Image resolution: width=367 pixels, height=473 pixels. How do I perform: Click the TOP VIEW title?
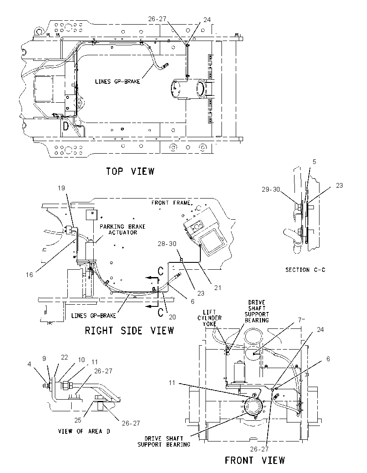pyautogui.click(x=130, y=171)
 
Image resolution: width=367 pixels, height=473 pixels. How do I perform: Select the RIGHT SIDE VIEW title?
pyautogui.click(x=130, y=331)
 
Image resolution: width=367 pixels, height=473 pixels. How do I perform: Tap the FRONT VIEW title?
pyautogui.click(x=255, y=460)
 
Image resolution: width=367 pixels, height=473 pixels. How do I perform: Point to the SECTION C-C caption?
pyautogui.click(x=305, y=270)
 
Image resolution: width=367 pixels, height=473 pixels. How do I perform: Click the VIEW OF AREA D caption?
pyautogui.click(x=84, y=432)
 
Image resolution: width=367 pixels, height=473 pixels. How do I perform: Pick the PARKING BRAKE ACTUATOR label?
pyautogui.click(x=123, y=229)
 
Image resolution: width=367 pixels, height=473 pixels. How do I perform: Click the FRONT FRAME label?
pyautogui.click(x=171, y=203)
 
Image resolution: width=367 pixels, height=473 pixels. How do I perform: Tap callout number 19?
pyautogui.click(x=61, y=188)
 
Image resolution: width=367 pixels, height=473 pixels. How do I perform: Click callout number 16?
pyautogui.click(x=29, y=275)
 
